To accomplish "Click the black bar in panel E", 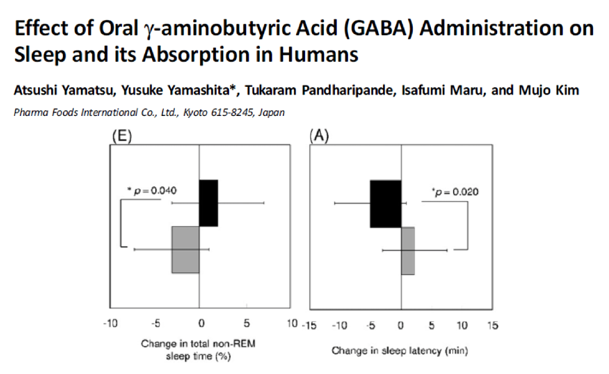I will point(208,203).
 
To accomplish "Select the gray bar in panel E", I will point(185,250).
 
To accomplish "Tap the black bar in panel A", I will point(385,203).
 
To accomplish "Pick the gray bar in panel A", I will point(408,250).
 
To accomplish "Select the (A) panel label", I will point(319,136).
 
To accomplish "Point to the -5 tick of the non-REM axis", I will point(154,325).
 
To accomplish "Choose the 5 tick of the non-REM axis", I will point(246,325).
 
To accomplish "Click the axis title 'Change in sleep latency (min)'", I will point(400,351).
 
